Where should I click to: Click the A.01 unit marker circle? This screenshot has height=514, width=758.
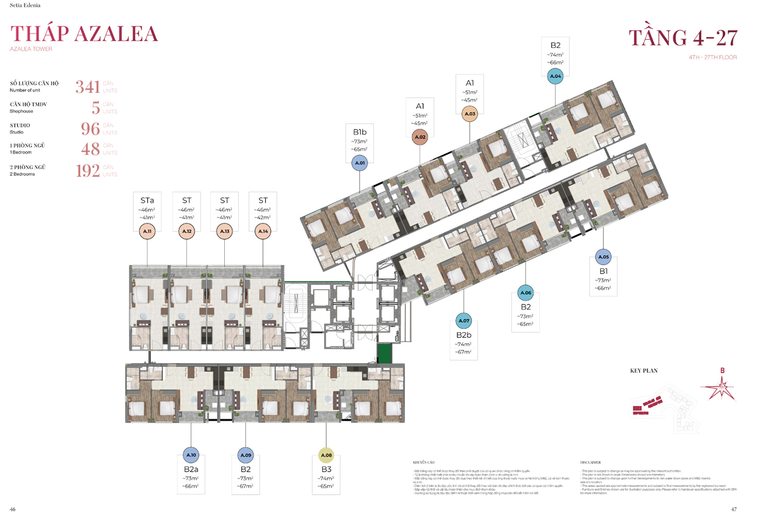click(x=359, y=164)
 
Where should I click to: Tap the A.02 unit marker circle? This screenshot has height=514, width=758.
click(x=421, y=136)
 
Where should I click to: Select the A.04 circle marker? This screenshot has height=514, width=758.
click(x=555, y=76)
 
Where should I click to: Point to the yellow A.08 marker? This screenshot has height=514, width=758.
click(x=326, y=455)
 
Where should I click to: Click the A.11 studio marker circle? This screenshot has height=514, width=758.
click(x=147, y=232)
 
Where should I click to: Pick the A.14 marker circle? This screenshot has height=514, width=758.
click(x=263, y=232)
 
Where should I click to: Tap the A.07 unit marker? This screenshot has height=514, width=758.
click(x=464, y=321)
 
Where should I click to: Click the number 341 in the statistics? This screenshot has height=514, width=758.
click(x=88, y=87)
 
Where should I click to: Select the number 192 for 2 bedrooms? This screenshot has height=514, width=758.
click(x=88, y=171)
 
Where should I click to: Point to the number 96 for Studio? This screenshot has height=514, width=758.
click(x=90, y=129)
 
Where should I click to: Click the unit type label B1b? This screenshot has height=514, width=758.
click(x=359, y=133)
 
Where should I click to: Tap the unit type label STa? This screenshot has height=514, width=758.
click(x=147, y=200)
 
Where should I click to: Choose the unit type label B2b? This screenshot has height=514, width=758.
click(x=464, y=335)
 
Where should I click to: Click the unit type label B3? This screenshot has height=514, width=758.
click(x=326, y=470)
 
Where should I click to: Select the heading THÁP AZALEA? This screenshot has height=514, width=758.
click(x=84, y=33)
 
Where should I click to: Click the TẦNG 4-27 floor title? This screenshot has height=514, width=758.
click(x=683, y=37)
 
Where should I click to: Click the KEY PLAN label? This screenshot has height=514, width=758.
click(x=644, y=371)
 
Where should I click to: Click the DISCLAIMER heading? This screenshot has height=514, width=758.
click(x=590, y=462)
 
